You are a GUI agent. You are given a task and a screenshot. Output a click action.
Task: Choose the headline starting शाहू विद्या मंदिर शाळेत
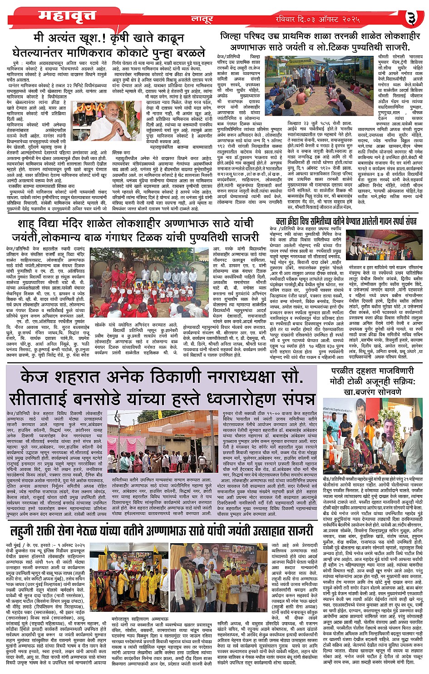click(135, 231)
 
